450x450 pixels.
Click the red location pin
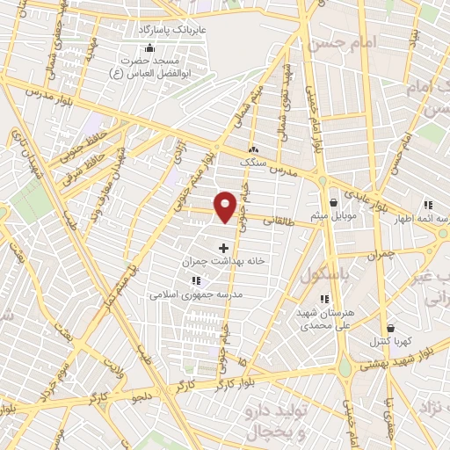click(x=226, y=206)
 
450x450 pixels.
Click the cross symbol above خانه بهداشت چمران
click(x=222, y=249)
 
